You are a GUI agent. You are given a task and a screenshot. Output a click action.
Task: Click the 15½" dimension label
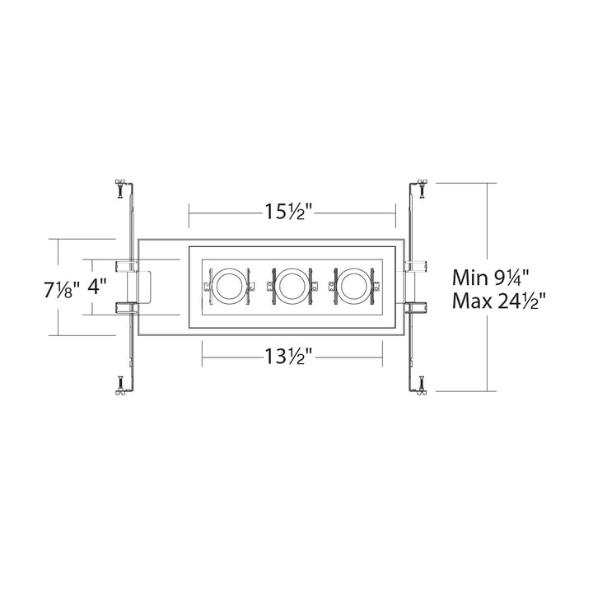(289, 212)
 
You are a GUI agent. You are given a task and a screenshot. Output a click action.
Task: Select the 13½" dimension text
(289, 357)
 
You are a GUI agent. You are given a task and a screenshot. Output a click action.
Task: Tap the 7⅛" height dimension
(62, 291)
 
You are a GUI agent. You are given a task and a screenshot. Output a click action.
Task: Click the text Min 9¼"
(490, 278)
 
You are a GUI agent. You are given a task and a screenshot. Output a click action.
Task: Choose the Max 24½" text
(500, 301)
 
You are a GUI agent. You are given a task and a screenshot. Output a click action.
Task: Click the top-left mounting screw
(120, 188)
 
